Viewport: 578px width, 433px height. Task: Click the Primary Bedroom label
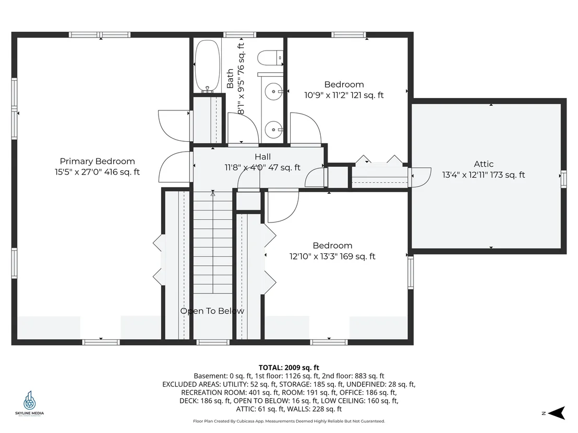[98, 162]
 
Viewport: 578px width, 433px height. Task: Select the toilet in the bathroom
[270, 58]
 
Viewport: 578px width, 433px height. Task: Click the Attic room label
[484, 164]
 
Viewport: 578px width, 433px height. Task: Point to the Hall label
[262, 157]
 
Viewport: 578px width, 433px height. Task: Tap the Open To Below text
[212, 311]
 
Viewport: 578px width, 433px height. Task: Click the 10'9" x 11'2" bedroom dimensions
[344, 95]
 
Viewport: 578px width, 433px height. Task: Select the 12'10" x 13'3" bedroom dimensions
[332, 256]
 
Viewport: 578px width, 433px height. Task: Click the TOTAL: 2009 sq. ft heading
[289, 367]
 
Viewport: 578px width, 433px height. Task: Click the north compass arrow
[557, 413]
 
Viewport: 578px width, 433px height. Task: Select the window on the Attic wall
[563, 179]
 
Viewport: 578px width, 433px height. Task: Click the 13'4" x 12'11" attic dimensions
[484, 175]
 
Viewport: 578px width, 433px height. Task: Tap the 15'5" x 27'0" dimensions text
[98, 172]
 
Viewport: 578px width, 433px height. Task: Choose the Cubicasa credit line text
[289, 421]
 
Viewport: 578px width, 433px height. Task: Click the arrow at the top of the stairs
[213, 193]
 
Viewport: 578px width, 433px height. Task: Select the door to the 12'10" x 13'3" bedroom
[283, 205]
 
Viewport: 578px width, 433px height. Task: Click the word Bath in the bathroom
[230, 79]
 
